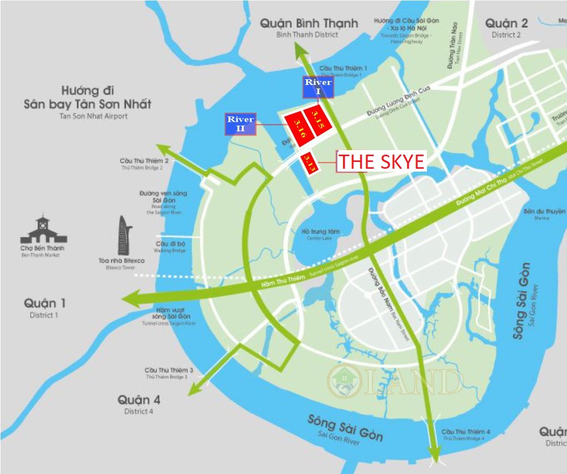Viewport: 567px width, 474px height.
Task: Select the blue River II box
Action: point(241,124)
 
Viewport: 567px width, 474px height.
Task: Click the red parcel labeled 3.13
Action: point(308,163)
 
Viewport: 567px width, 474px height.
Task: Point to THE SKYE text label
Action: point(381,162)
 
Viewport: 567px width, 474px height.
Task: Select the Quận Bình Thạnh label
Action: point(309,23)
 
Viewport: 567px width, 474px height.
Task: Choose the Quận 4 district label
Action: point(139,400)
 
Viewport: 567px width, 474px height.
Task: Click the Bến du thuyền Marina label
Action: point(545,211)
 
